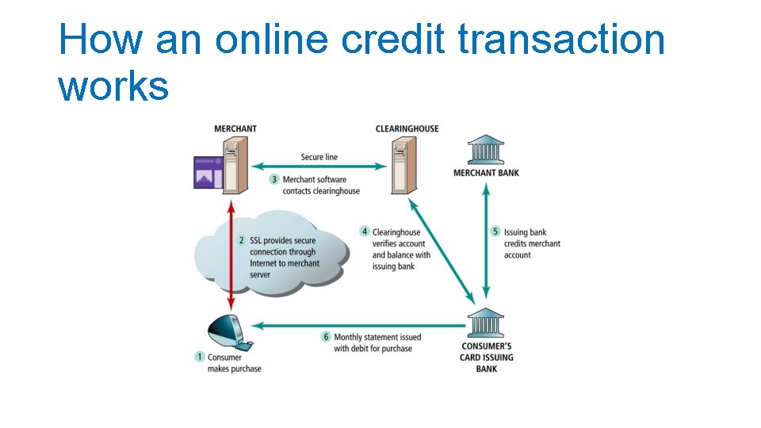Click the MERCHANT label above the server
pyautogui.click(x=235, y=129)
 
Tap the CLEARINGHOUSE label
pyautogui.click(x=407, y=129)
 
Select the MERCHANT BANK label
pyautogui.click(x=486, y=173)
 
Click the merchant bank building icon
pyautogui.click(x=485, y=150)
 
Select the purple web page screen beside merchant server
pyautogui.click(x=208, y=172)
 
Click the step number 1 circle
pyautogui.click(x=200, y=357)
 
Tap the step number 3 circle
pyautogui.click(x=274, y=180)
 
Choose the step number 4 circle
pyautogui.click(x=365, y=232)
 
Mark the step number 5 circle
pyautogui.click(x=496, y=232)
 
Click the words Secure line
pyautogui.click(x=319, y=157)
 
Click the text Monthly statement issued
pyautogui.click(x=377, y=337)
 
